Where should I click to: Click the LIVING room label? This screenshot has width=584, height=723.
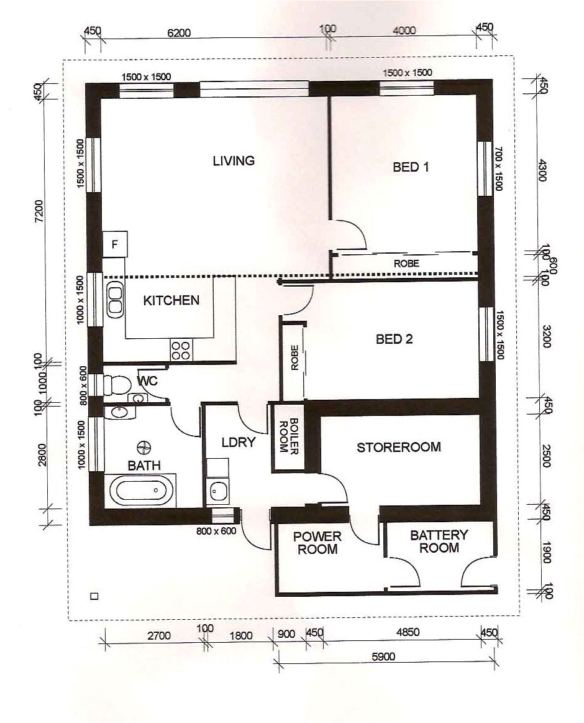234,161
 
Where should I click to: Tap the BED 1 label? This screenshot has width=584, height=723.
411,167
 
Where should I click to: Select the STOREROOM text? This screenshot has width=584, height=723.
398,447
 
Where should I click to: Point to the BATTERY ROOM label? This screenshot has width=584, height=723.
439,541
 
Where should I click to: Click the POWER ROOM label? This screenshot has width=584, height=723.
317,543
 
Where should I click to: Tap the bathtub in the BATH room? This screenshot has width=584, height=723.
142,490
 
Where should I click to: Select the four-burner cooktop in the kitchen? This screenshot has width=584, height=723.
181,350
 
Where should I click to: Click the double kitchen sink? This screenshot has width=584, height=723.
115,300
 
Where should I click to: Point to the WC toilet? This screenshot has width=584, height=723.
116,385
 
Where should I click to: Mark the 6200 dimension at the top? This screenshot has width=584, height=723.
179,33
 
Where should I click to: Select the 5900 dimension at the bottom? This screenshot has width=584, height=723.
385,656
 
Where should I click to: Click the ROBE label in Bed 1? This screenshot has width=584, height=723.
406,264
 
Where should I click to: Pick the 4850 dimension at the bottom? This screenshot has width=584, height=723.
408,632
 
